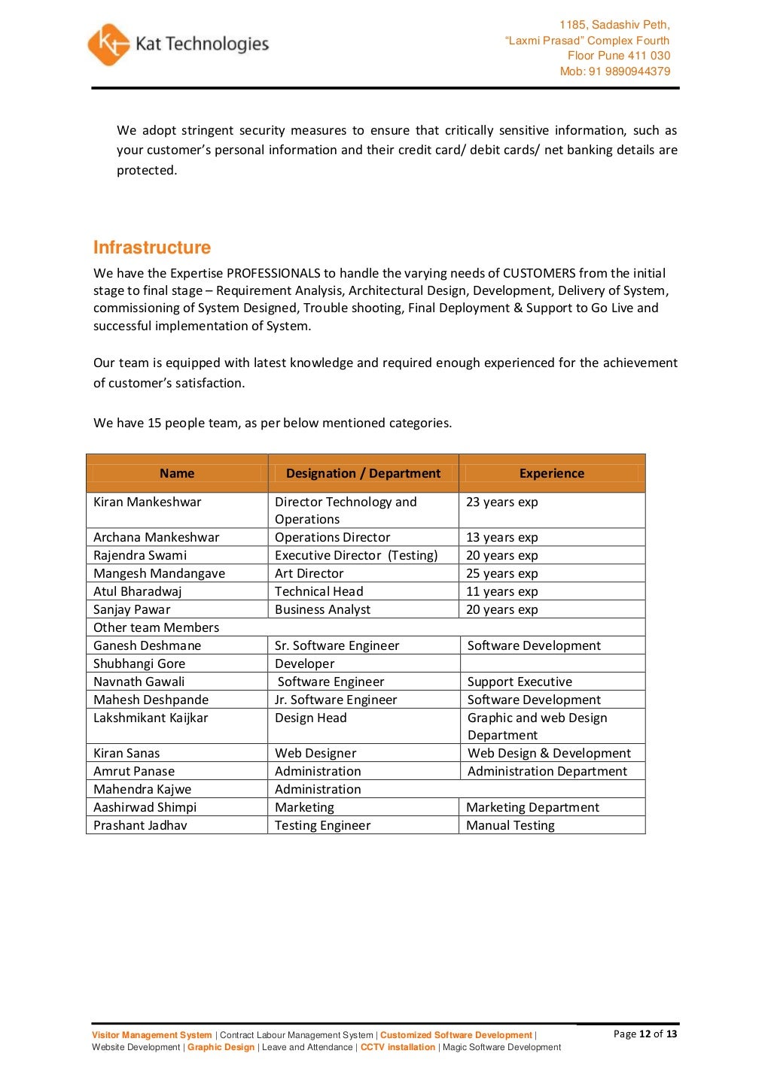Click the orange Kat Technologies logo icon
[108, 44]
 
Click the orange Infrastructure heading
[152, 247]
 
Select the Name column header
[177, 473]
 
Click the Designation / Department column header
[363, 473]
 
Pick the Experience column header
[551, 473]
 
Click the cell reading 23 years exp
[501, 502]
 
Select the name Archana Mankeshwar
[157, 537]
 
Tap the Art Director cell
[309, 573]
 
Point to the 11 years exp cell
[501, 591]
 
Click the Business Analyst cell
[322, 609]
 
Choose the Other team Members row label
[157, 627]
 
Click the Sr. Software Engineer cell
[337, 645]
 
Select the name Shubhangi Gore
[139, 663]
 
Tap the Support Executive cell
[520, 682]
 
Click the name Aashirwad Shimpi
[145, 807]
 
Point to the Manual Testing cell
[510, 825]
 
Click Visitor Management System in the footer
[152, 1035]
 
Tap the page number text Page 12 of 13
[645, 1034]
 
